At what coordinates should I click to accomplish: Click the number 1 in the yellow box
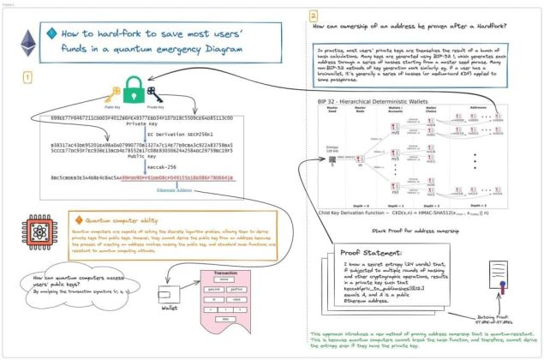click(27, 76)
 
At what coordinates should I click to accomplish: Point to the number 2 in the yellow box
click(314, 15)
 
